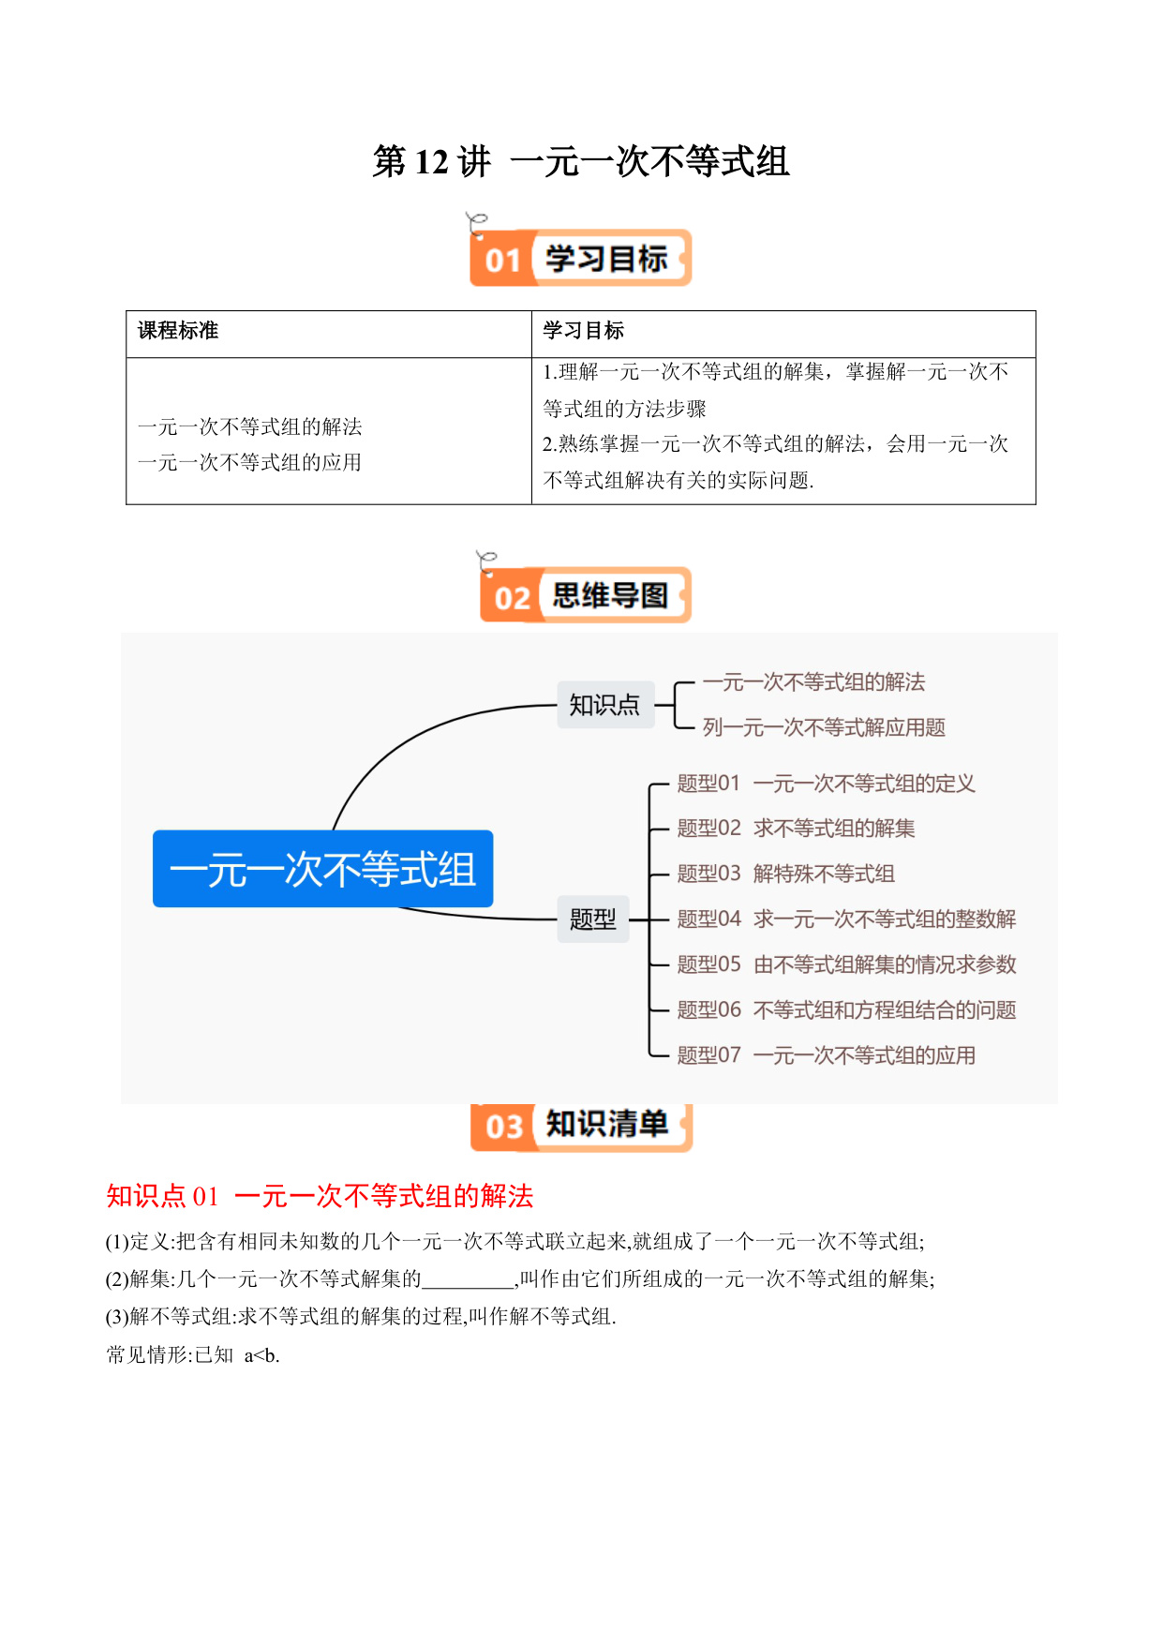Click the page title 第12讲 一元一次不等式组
581,161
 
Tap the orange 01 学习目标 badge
580,258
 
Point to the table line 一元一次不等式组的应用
249,462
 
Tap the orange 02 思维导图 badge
586,595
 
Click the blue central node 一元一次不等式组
322,869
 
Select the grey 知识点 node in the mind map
605,705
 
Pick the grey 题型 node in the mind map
593,919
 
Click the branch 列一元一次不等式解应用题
824,727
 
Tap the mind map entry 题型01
709,784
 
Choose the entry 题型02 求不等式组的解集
796,829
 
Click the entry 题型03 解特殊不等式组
785,874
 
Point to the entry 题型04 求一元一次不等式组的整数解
846,919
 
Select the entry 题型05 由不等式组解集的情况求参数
846,964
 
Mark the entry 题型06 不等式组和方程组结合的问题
846,1009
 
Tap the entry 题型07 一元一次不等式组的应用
826,1055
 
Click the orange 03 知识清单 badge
581,1126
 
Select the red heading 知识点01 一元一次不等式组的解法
320,1196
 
